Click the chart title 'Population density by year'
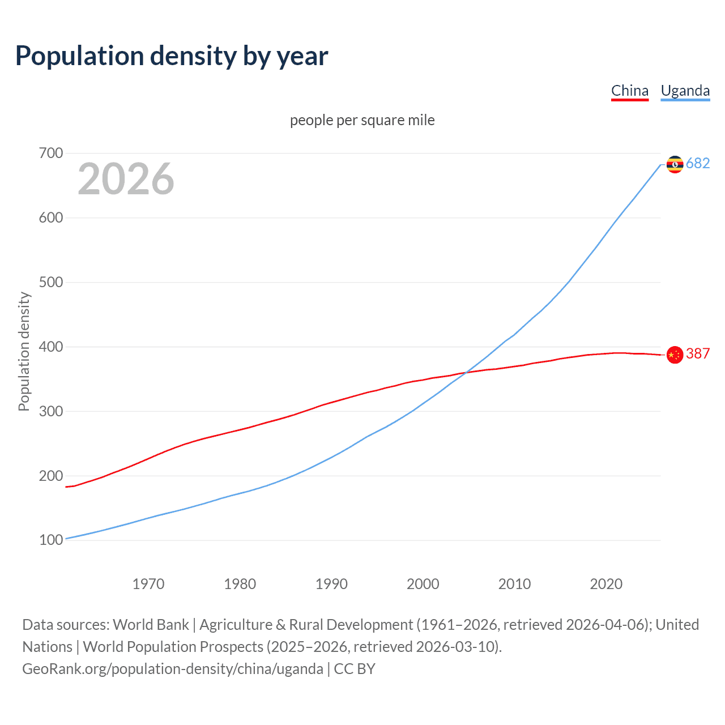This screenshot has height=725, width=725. [x=172, y=56]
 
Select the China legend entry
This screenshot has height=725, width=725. [x=629, y=91]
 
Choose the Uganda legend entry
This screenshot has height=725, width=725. [x=685, y=91]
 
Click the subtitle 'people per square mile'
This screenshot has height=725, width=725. [x=362, y=120]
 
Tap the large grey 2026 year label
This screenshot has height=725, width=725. [x=126, y=179]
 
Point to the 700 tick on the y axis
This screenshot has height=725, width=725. [x=50, y=153]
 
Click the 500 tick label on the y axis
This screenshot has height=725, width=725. [x=50, y=282]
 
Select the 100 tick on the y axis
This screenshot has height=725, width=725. [x=50, y=540]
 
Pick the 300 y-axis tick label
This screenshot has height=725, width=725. [x=50, y=411]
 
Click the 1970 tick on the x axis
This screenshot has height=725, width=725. [x=148, y=584]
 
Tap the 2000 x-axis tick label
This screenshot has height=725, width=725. [x=423, y=584]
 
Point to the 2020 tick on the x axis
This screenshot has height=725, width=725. [x=606, y=584]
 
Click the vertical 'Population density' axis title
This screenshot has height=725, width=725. [x=24, y=351]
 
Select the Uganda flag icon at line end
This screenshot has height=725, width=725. [x=675, y=164]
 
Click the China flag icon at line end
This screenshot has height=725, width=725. [x=675, y=355]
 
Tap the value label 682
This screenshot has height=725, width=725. [x=698, y=164]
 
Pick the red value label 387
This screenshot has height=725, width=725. [x=698, y=354]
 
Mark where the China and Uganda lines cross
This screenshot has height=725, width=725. [x=465, y=373]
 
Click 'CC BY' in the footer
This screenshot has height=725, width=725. [x=355, y=669]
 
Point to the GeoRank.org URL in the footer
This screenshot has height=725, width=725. [x=173, y=669]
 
